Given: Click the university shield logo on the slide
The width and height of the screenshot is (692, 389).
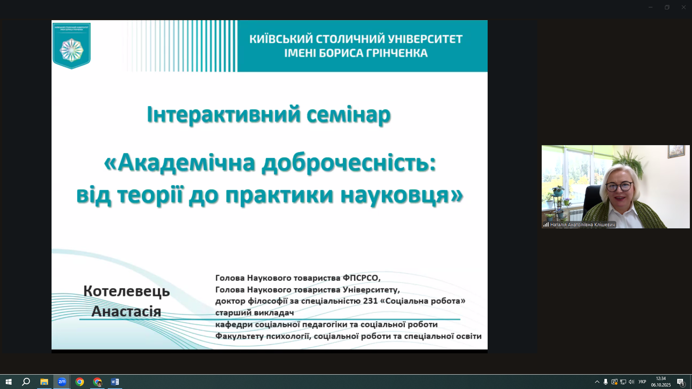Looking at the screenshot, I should point(71,46).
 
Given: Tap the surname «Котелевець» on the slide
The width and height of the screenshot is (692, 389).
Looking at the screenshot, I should point(127,291).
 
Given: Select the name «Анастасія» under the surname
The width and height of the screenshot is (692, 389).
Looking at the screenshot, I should point(126,311).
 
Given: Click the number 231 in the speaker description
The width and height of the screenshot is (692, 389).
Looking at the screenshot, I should point(370,301).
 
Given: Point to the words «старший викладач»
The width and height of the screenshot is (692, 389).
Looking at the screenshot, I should point(254,313).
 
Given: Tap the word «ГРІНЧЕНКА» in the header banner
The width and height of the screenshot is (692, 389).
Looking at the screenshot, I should point(397,53).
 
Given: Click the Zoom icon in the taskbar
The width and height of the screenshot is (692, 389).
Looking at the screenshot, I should point(62,382).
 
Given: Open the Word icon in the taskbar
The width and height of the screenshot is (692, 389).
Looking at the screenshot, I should point(115,382).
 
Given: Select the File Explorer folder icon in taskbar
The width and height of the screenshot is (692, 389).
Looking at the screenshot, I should point(44,382).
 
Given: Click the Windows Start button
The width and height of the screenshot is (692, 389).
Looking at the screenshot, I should point(9,382).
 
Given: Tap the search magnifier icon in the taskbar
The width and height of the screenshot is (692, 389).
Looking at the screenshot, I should point(26,382).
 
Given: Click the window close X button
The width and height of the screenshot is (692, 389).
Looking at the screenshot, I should point(683,7).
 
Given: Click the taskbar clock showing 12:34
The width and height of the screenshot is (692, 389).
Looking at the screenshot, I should point(661,379).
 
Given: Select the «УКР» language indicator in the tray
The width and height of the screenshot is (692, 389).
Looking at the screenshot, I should point(642,382).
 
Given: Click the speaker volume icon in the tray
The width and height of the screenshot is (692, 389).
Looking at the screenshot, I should point(631,382).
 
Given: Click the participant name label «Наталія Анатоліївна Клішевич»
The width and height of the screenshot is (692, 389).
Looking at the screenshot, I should point(582,225).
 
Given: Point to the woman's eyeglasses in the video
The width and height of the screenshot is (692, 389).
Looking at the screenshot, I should point(618,187).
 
